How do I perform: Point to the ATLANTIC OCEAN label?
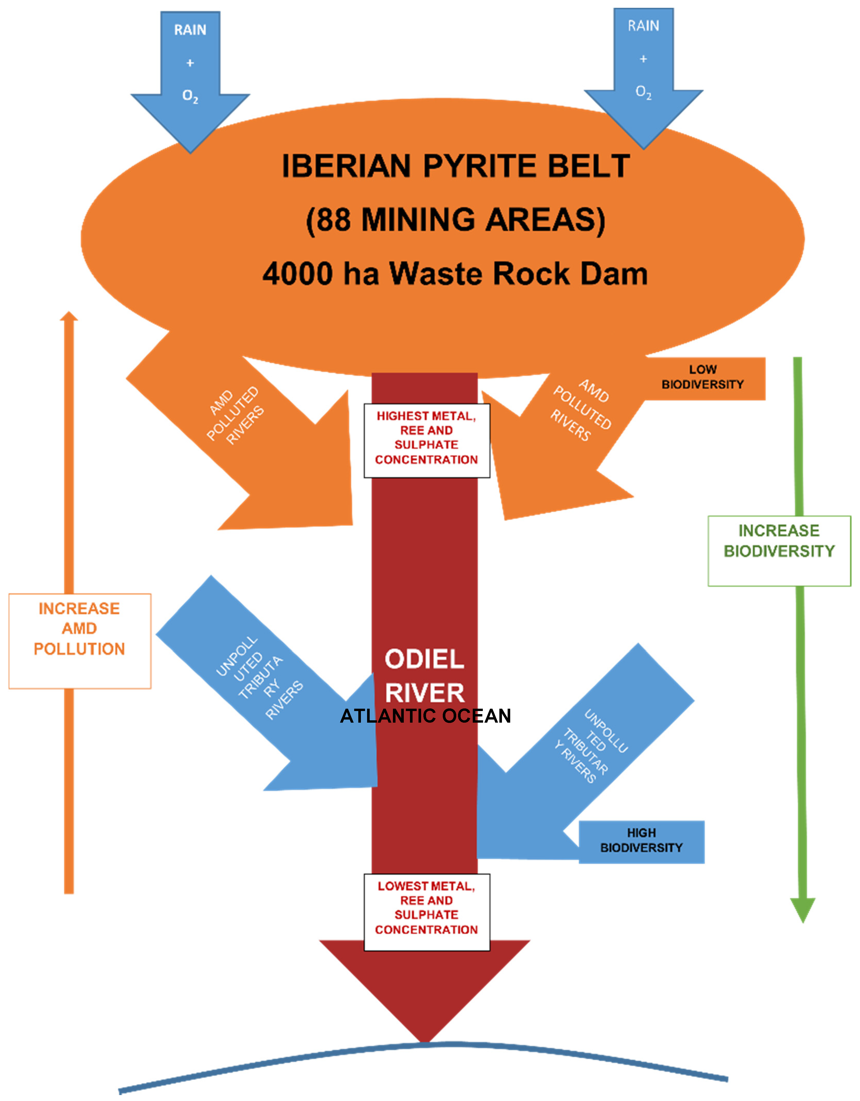tap(425, 716)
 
